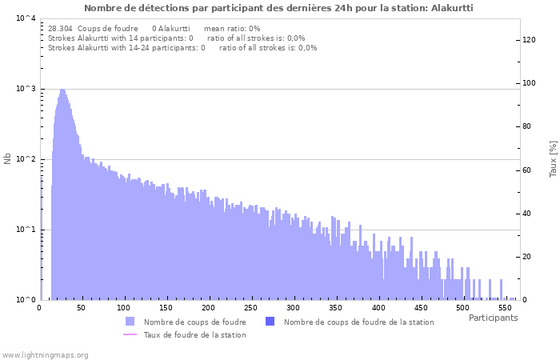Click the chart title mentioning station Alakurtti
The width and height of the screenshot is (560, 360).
click(x=278, y=8)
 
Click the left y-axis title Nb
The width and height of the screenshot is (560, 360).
click(x=8, y=158)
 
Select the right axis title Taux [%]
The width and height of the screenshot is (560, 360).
click(x=553, y=158)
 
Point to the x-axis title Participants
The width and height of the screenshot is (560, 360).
click(x=493, y=318)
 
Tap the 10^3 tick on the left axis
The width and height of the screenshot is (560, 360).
click(x=26, y=89)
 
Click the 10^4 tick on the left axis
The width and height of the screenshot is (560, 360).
click(x=26, y=18)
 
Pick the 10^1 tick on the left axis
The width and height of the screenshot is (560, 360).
click(x=26, y=230)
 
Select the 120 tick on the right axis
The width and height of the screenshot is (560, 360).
click(x=529, y=39)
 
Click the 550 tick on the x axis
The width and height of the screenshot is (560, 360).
click(x=505, y=308)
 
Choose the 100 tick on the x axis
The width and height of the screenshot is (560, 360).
click(x=123, y=308)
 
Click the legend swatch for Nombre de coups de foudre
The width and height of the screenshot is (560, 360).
click(x=130, y=322)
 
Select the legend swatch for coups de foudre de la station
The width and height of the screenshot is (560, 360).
click(x=270, y=322)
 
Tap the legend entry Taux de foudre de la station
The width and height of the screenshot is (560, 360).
click(x=194, y=334)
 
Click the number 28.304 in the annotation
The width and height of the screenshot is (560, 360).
click(x=60, y=29)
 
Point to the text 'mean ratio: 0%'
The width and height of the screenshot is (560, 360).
click(x=232, y=29)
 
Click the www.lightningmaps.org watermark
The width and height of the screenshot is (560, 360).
click(x=46, y=354)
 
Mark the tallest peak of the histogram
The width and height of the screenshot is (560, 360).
click(x=62, y=90)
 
